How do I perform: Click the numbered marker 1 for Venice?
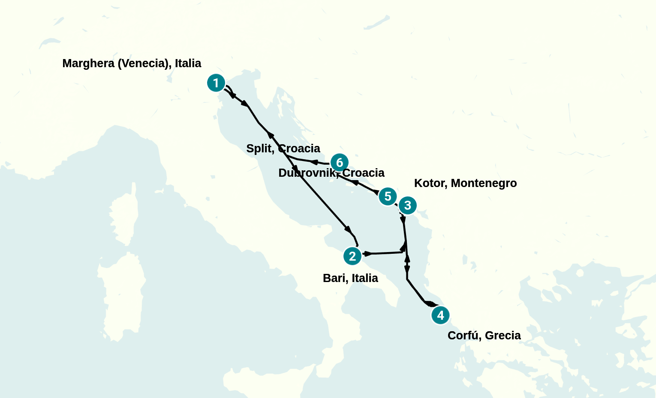(216, 83)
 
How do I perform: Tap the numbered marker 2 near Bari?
(352, 256)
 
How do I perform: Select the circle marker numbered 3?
(407, 205)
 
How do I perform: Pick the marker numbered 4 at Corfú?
(440, 315)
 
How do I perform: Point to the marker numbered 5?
(388, 196)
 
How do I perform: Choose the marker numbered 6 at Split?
(339, 163)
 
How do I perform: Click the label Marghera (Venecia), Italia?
(132, 63)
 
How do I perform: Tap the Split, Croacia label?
(283, 149)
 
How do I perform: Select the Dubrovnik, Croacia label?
(331, 173)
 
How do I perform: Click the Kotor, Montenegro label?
(465, 183)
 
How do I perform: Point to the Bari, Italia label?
(350, 278)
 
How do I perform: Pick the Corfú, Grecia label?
(484, 336)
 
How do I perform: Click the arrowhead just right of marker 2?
(367, 254)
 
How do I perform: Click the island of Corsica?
(125, 214)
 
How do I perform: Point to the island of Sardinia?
(122, 295)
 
